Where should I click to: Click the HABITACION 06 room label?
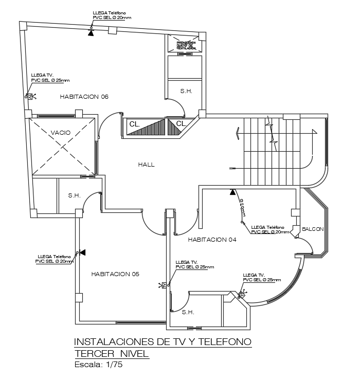[x=84, y=97]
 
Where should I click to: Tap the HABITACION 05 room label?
[x=115, y=274]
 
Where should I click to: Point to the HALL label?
[x=146, y=165]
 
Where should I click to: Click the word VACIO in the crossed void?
[x=61, y=133]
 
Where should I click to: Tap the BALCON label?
[x=313, y=229]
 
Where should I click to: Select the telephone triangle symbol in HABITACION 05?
[x=82, y=252]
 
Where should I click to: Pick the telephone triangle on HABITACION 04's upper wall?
[x=232, y=192]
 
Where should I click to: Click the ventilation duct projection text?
[x=185, y=46]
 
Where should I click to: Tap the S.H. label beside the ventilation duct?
[x=186, y=91]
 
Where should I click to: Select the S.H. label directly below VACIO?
[x=75, y=195]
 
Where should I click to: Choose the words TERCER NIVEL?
[x=111, y=354]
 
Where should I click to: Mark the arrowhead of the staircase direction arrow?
[x=238, y=133]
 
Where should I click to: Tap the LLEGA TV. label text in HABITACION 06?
[x=42, y=75]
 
